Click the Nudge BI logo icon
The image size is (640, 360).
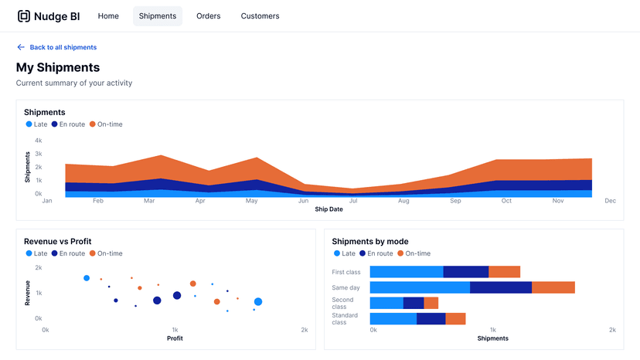coord(24,16)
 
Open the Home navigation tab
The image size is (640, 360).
coord(108,16)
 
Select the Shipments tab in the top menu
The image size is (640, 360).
coord(158,16)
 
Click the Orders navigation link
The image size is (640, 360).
coord(208,16)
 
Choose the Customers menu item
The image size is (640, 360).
coord(260,16)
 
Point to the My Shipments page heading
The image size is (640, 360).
coord(58,68)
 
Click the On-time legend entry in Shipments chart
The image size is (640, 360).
coord(106,124)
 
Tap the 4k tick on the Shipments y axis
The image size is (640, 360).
coord(38,141)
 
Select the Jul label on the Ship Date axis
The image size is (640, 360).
coord(353,201)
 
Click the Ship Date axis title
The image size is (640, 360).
coord(329,209)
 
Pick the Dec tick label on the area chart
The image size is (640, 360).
coord(610,201)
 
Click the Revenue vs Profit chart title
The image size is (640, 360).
coord(62,242)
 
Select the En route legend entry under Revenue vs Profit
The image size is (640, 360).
coord(68,253)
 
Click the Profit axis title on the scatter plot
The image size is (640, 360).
coord(175,338)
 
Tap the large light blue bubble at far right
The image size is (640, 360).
coord(258,302)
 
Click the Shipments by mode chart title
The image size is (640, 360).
coord(370,242)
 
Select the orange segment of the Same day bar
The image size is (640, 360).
coord(553,287)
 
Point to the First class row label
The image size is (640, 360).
coord(346,272)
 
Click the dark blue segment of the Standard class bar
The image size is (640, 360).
coord(431,318)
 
